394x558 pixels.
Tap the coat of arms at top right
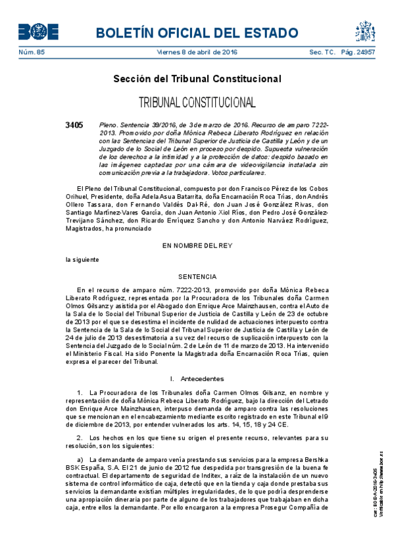366,31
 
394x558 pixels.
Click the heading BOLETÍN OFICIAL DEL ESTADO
197,32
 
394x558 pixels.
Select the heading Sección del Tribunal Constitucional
197,79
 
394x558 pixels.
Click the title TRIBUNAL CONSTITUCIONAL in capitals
197,103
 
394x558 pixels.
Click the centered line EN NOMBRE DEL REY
197,245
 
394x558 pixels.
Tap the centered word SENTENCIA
197,277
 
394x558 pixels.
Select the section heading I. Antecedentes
197,379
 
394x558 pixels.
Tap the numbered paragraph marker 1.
79,393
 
